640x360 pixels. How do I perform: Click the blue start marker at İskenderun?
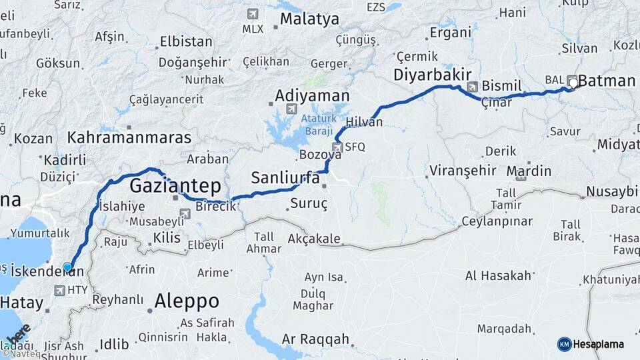tap(67, 267)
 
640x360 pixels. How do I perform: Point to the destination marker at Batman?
tap(573, 83)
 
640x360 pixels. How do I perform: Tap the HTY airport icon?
tap(61, 291)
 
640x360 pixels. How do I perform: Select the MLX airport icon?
tap(253, 14)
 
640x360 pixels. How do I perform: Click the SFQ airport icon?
tap(337, 147)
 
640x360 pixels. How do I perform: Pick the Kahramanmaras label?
tap(129, 138)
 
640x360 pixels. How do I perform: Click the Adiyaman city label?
tap(312, 95)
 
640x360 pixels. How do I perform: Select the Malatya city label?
tap(309, 19)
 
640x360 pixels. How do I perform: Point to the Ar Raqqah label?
tap(315, 339)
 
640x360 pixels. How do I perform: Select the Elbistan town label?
tap(186, 41)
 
